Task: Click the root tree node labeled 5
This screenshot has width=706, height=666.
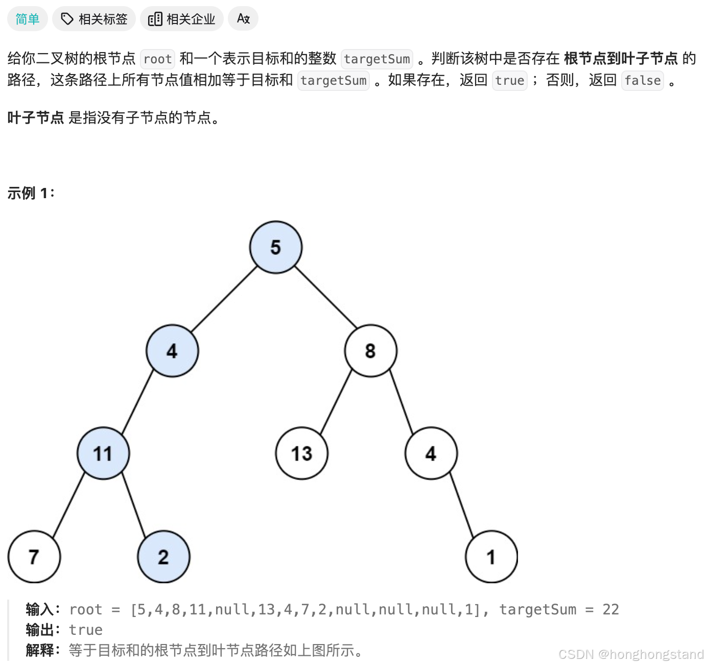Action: tap(276, 247)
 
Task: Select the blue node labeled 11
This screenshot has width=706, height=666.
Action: tap(103, 453)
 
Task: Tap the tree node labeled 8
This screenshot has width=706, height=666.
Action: tap(370, 351)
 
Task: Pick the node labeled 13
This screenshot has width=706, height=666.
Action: tap(301, 453)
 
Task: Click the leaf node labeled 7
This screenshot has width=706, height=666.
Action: tap(34, 557)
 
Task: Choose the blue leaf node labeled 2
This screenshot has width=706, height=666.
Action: tap(163, 557)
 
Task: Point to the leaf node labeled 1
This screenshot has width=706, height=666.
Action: tap(491, 557)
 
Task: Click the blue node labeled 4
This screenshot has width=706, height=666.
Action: tap(172, 351)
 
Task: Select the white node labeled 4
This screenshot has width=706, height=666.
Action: tap(431, 453)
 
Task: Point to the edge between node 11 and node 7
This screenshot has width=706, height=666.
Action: tap(68, 505)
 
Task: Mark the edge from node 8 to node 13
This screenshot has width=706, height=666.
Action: tap(336, 401)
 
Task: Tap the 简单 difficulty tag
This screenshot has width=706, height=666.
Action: tap(28, 19)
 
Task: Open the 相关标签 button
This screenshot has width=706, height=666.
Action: tap(94, 19)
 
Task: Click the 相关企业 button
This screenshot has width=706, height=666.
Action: tap(182, 19)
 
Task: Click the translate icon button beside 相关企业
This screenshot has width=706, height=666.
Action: tap(243, 19)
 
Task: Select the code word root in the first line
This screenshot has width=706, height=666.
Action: tap(157, 59)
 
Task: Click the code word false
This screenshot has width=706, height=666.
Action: tap(642, 81)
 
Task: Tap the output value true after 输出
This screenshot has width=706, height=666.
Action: tap(86, 630)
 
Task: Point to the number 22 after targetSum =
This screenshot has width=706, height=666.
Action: tap(610, 609)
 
